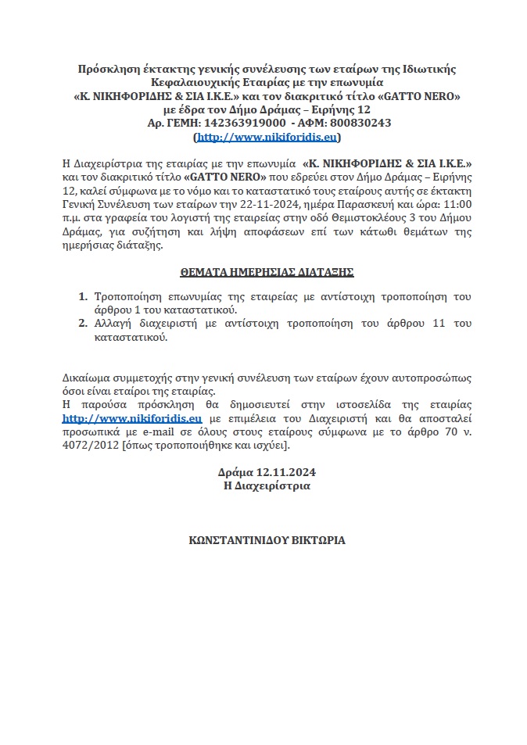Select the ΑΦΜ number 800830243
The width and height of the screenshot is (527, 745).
tap(357, 123)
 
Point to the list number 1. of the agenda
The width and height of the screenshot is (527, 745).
tap(83, 298)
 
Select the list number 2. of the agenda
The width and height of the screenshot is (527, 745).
tap(83, 324)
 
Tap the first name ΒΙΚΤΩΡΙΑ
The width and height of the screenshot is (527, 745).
tap(319, 539)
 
